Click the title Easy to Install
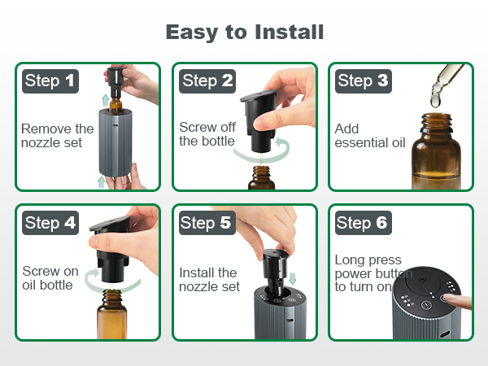point(244,32)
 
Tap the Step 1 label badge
point(50,81)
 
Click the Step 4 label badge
point(50,222)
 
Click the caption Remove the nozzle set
point(57,135)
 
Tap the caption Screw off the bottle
point(207,134)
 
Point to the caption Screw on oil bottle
point(50,278)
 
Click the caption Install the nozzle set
point(209,279)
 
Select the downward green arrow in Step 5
point(294,278)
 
